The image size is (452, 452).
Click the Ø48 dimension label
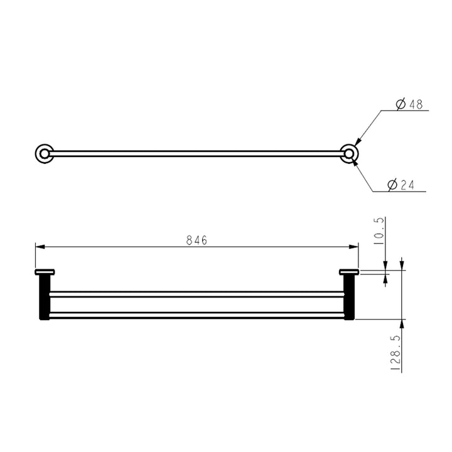tap(409, 105)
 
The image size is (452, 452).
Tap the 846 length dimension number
tap(196, 240)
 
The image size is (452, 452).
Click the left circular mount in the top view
tap(43, 153)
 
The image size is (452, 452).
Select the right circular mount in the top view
tap(348, 153)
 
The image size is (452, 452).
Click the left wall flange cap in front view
tap(45, 272)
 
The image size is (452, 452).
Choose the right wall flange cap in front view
tap(348, 272)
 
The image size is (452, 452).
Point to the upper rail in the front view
tap(196, 294)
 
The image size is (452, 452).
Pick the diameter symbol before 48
tap(401, 105)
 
